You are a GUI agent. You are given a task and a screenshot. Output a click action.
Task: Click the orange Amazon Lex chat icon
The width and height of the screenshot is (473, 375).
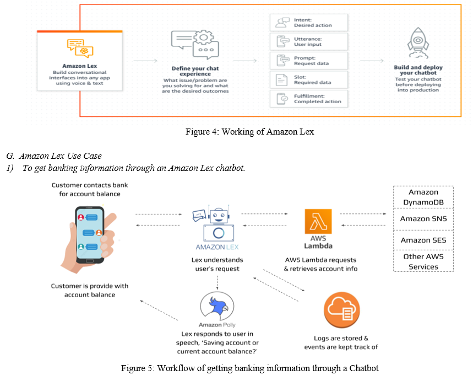pyautogui.click(x=80, y=48)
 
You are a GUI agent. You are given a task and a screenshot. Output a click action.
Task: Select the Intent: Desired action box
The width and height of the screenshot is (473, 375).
pyautogui.click(x=308, y=23)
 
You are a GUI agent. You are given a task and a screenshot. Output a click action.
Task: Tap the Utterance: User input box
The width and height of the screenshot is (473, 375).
pyautogui.click(x=308, y=42)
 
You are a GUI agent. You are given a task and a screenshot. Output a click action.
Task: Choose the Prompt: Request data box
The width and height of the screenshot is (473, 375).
pyautogui.click(x=308, y=61)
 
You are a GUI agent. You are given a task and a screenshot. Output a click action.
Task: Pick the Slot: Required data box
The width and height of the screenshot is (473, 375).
pyautogui.click(x=308, y=80)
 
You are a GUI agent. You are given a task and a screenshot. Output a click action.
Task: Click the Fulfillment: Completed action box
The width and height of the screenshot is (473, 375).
pyautogui.click(x=308, y=99)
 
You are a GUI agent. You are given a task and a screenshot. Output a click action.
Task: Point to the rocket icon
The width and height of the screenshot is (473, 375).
pyautogui.click(x=418, y=43)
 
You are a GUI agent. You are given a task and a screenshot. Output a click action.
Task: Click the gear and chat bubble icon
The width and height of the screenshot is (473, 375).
pyautogui.click(x=195, y=45)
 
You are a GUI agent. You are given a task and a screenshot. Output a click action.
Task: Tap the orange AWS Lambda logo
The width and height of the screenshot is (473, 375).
pyautogui.click(x=318, y=221)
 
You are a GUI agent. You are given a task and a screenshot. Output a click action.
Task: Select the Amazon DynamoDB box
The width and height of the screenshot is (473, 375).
pyautogui.click(x=423, y=197)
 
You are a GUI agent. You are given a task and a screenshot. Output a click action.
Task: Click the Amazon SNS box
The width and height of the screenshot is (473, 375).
pyautogui.click(x=423, y=219)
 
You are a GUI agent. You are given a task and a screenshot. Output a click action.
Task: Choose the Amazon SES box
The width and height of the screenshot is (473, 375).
pyautogui.click(x=423, y=240)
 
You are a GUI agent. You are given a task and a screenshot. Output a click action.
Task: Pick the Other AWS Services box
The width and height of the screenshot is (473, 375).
pyautogui.click(x=423, y=261)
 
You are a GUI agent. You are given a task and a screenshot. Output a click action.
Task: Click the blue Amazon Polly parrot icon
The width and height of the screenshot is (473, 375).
pyautogui.click(x=217, y=306)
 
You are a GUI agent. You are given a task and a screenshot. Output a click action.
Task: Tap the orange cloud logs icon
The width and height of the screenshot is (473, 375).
pyautogui.click(x=342, y=310)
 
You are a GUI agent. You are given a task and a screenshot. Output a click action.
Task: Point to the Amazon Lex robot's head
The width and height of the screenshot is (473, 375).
pyautogui.click(x=219, y=216)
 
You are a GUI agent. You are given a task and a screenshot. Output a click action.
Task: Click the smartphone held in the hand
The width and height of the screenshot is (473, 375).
pyautogui.click(x=90, y=235)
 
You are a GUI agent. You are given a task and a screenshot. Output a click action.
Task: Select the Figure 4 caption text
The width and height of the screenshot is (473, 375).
pyautogui.click(x=250, y=132)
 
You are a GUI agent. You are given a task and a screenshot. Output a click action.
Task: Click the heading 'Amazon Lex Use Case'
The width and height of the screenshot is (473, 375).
pyautogui.click(x=61, y=156)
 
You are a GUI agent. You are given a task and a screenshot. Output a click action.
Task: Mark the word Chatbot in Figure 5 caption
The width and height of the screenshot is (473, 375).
pyautogui.click(x=364, y=368)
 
